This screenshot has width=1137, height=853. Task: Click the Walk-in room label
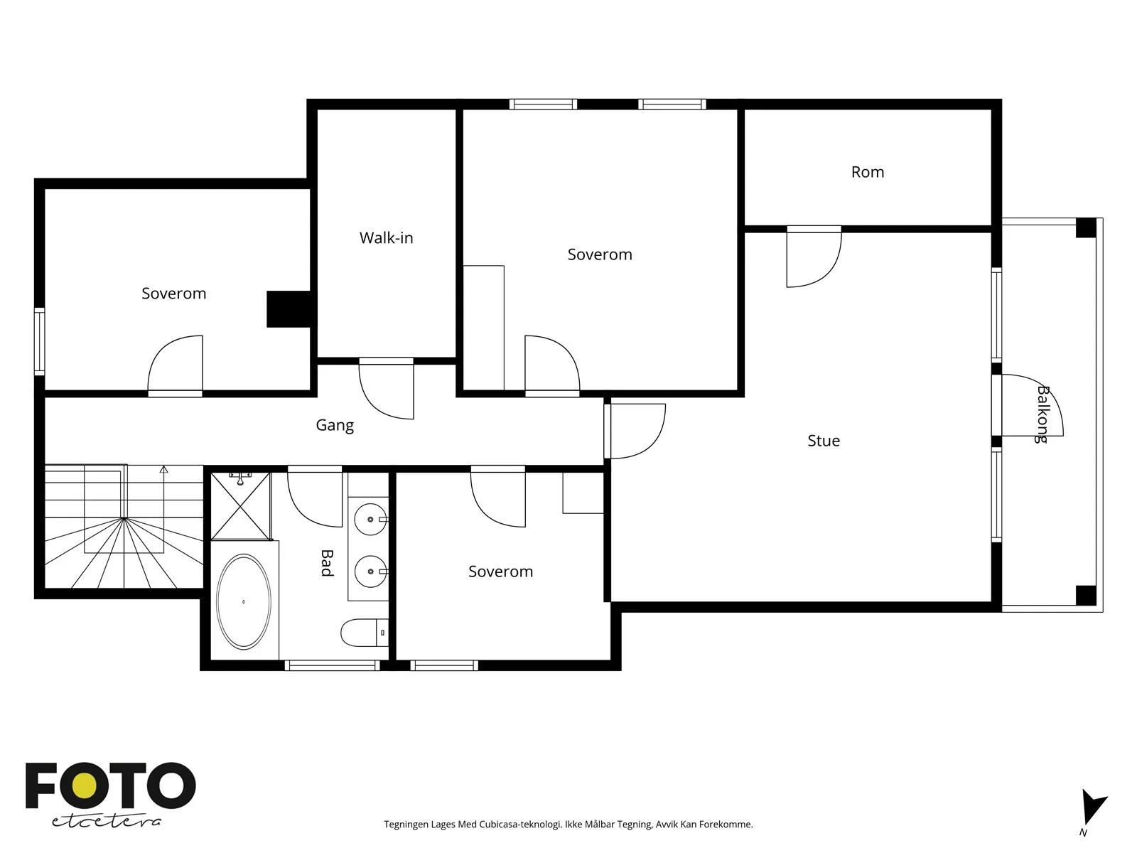pyautogui.click(x=386, y=237)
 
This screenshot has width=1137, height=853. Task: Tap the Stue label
pyautogui.click(x=823, y=441)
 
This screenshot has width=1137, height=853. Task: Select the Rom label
pyautogui.click(x=867, y=172)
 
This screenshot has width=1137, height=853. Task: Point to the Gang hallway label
pyautogui.click(x=335, y=425)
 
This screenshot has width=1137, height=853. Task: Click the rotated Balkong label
pyautogui.click(x=1042, y=414)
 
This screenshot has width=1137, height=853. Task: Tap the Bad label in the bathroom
pyautogui.click(x=326, y=563)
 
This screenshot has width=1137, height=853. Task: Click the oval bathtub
pyautogui.click(x=244, y=601)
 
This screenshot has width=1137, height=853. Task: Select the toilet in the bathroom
pyautogui.click(x=364, y=633)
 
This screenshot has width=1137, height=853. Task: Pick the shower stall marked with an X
pyautogui.click(x=241, y=506)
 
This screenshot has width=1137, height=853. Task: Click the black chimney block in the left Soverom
pyautogui.click(x=289, y=309)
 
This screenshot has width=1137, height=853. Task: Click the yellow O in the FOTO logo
pyautogui.click(x=85, y=785)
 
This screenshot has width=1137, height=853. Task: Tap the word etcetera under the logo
pyautogui.click(x=106, y=821)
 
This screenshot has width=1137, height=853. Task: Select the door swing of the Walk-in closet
pyautogui.click(x=387, y=388)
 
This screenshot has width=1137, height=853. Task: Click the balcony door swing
pyautogui.click(x=1032, y=405)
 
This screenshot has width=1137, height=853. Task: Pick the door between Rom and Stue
pyautogui.click(x=814, y=257)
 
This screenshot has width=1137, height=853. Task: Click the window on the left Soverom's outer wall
pyautogui.click(x=39, y=341)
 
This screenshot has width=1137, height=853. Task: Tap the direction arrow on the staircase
pyautogui.click(x=163, y=492)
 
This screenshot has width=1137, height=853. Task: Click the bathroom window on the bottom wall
pyautogui.click(x=332, y=665)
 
